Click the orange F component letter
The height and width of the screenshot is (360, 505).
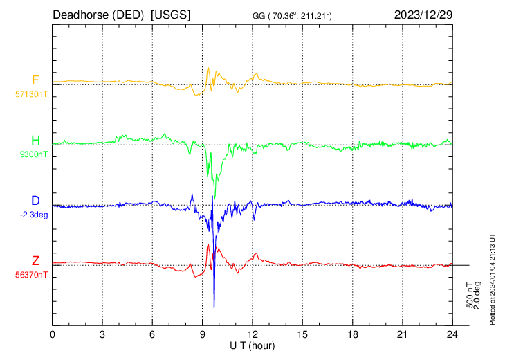pos(35,80)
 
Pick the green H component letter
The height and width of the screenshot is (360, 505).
pos(35,141)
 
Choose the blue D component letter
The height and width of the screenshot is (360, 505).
pos(35,201)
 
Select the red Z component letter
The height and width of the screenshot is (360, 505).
pos(35,261)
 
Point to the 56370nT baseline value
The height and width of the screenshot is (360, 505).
pos(31,275)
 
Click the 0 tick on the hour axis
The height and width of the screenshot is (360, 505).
pos(53,334)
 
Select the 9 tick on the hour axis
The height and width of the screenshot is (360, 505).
pos(203,334)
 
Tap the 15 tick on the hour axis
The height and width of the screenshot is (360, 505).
pos(302,334)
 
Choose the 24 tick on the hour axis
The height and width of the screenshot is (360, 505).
pos(452,334)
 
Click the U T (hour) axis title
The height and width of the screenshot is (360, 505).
pos(252,345)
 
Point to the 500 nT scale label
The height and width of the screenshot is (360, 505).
pos(468,295)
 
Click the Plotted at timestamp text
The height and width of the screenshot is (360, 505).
pos(493,277)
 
